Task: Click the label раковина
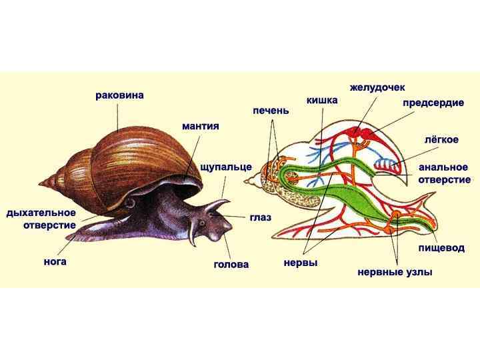click(119, 96)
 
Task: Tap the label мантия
click(201, 125)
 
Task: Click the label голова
click(231, 264)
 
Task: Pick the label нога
click(55, 262)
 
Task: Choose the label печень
click(271, 109)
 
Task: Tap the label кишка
click(322, 100)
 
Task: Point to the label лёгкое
click(441, 141)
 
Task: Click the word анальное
click(444, 167)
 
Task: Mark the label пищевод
click(441, 248)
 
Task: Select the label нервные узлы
click(395, 272)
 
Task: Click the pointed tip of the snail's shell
click(41, 181)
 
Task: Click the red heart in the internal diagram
click(364, 136)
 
